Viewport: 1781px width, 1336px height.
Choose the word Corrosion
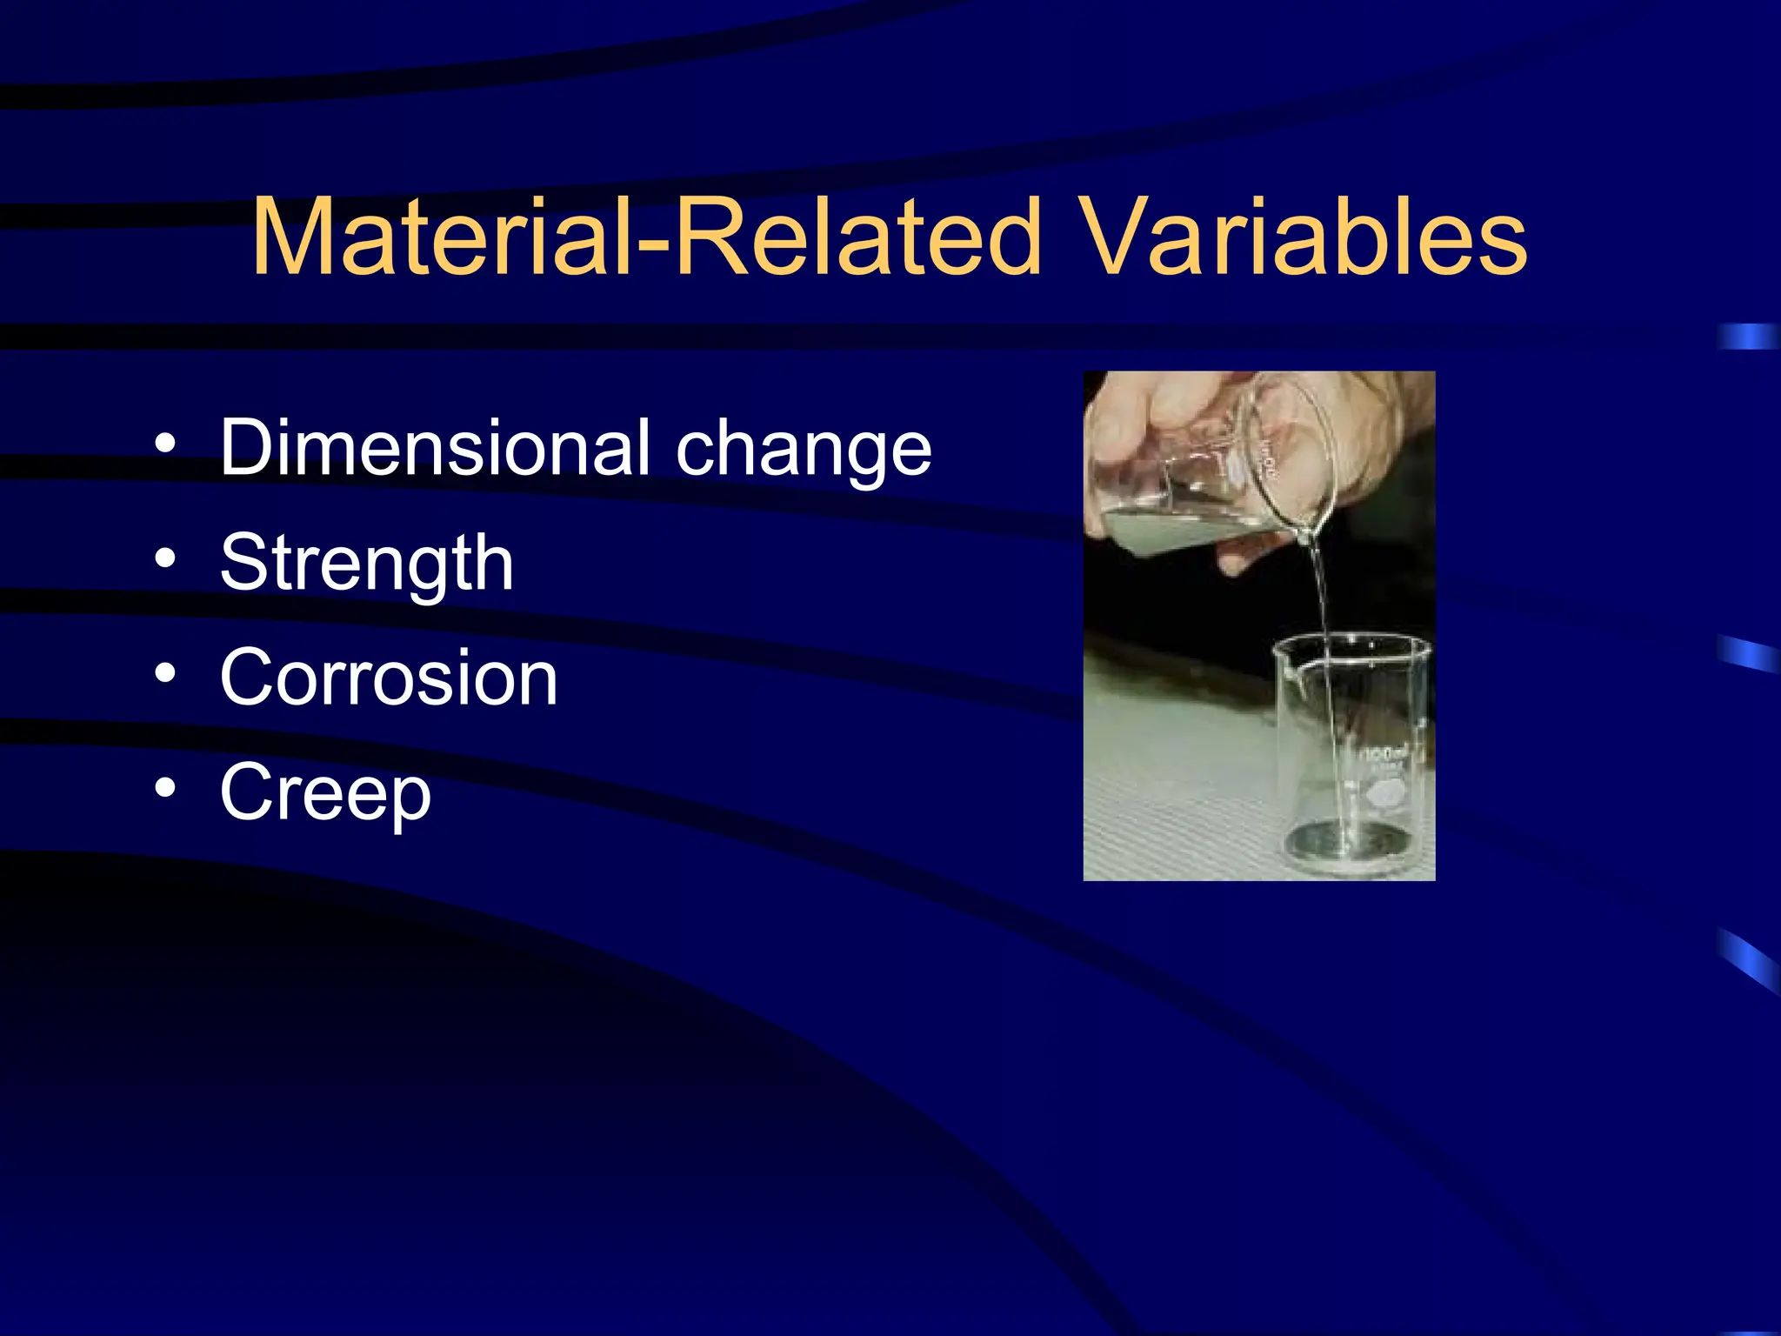point(389,678)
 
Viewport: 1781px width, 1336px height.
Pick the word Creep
point(325,793)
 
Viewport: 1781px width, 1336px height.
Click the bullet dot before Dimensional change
point(165,444)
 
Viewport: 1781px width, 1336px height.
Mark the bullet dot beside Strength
point(165,558)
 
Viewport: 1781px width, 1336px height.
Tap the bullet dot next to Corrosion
point(165,672)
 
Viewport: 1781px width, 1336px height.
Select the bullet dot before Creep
point(165,787)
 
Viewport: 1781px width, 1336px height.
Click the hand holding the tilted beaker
point(1157,417)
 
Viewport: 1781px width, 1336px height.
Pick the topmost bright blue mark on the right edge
point(1748,337)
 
